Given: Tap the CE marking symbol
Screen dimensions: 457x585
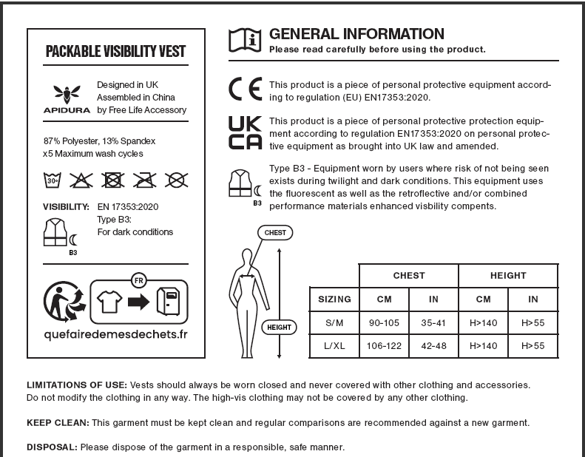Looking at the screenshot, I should point(246,91).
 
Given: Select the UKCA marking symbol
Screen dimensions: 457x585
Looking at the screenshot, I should point(246,134).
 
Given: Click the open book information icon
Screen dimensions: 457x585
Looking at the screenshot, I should point(246,39).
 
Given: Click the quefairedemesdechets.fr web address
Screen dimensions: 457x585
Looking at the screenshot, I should point(116,334).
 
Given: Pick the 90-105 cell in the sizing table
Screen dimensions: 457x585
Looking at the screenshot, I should point(384,322).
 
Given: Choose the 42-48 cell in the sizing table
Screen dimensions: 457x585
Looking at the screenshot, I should point(433,345).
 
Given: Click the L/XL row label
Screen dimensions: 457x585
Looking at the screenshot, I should point(334,345).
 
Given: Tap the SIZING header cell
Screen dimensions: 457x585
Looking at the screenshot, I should point(334,299).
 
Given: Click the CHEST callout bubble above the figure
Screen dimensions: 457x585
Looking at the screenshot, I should point(274,233).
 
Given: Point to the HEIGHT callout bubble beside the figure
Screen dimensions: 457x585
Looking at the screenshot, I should point(279,326).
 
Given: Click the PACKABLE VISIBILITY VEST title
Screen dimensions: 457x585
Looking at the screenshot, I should point(116,52).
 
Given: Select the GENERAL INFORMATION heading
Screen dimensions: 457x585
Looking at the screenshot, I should point(356,34).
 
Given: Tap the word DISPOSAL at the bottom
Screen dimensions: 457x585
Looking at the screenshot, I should point(52,447).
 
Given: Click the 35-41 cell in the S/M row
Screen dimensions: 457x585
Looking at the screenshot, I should point(433,322).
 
